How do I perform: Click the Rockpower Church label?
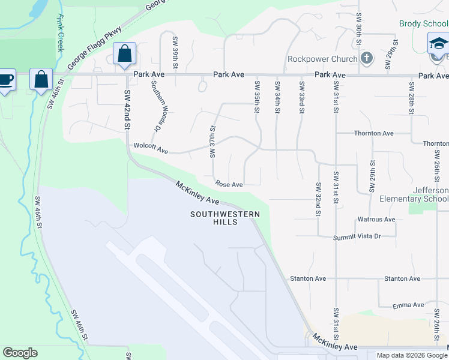tap(322, 59)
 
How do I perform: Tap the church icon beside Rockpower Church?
tap(367, 58)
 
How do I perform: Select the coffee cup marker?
tap(5, 80)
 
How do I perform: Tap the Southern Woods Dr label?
tap(157, 107)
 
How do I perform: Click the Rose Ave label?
tap(229, 184)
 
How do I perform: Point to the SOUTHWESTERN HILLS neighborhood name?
tap(225, 218)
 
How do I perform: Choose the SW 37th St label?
tap(212, 142)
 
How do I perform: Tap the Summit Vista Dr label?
tap(358, 236)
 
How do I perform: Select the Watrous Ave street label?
tap(376, 220)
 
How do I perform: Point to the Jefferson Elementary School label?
tap(414, 194)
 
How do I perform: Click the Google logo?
tap(20, 353)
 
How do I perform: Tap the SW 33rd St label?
tap(301, 95)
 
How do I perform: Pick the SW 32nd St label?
tap(318, 199)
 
